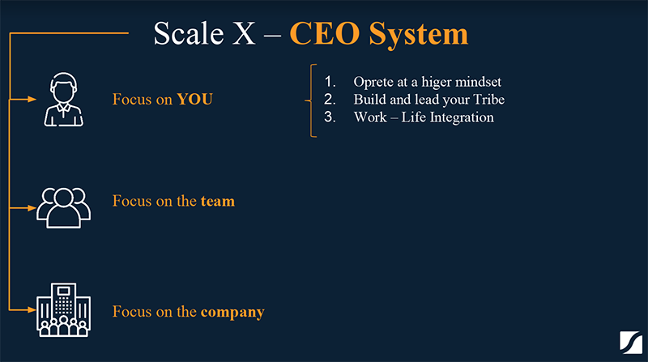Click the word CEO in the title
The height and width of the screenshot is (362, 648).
tap(325, 33)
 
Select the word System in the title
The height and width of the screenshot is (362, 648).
tap(418, 35)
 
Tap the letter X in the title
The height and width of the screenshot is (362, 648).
tap(244, 33)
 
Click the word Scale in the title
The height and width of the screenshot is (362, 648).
tap(189, 33)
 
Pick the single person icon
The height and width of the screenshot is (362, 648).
tap(64, 100)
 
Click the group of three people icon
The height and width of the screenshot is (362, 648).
tap(63, 208)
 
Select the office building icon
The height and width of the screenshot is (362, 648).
tap(63, 309)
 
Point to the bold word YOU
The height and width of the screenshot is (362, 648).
tap(194, 99)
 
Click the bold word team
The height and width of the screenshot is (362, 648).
tap(218, 202)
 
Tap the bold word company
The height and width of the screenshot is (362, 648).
tap(232, 313)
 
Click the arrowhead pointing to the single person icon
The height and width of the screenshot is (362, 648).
tap(32, 99)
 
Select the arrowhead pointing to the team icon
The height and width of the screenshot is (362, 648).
tap(32, 208)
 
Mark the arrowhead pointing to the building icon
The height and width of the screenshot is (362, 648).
tap(32, 309)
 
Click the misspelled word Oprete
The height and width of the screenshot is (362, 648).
tap(373, 83)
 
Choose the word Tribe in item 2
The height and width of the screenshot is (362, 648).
tap(489, 100)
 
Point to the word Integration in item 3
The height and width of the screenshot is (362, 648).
tap(462, 117)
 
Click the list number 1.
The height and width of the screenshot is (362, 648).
tap(330, 82)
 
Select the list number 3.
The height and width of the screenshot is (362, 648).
tap(330, 117)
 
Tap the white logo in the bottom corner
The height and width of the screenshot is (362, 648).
tap(631, 343)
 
